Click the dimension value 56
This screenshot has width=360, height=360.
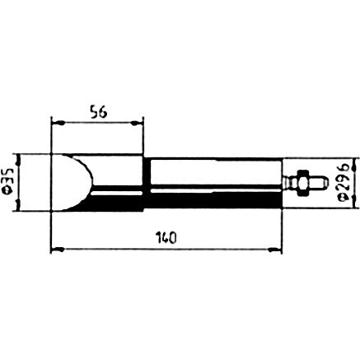98,113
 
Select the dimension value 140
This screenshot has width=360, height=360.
166,238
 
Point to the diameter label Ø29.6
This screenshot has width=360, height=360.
344,183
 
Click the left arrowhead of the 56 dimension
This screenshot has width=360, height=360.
58,124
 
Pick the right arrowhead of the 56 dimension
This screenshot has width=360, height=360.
137,124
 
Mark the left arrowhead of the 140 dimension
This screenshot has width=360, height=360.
58,250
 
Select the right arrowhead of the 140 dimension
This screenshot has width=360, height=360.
275,250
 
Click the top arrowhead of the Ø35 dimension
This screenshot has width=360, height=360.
18,160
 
